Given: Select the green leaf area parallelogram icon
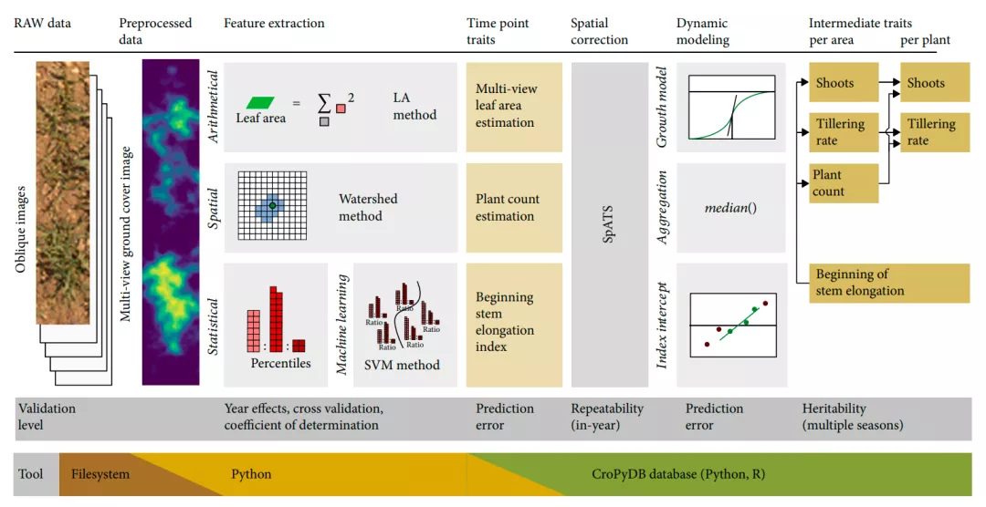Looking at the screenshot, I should (260, 102).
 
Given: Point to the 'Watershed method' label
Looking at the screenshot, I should (368, 208).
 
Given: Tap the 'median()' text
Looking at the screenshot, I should (730, 208).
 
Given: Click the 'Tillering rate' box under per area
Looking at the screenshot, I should (844, 132).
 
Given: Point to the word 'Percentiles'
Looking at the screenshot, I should (280, 363).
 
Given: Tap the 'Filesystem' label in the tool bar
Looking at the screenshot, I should (100, 474).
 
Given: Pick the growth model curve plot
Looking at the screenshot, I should (732, 109).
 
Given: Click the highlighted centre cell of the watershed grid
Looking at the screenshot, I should (272, 206).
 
